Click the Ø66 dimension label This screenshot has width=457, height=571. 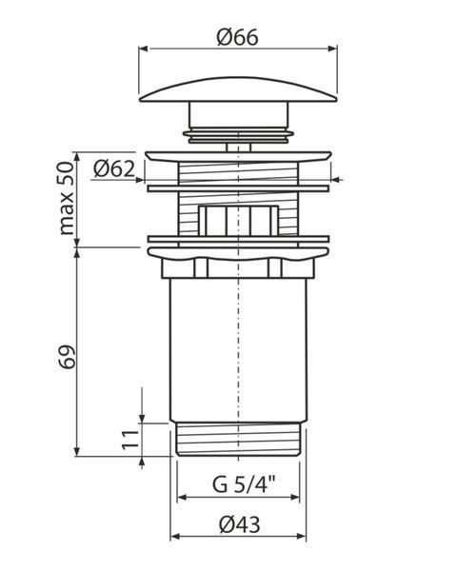pos(237,37)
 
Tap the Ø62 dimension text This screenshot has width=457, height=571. pos(114,169)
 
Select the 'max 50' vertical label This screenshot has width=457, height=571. pos(67,199)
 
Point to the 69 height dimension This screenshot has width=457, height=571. pos(67,356)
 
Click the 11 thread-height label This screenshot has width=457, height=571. pos(130,440)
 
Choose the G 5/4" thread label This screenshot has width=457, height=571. pos(244,484)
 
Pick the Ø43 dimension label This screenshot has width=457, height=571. pos(240,524)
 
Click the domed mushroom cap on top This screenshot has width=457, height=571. pos(238,89)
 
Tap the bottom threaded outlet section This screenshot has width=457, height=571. pos(238,439)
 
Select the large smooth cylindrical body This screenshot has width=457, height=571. pos(239,349)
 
